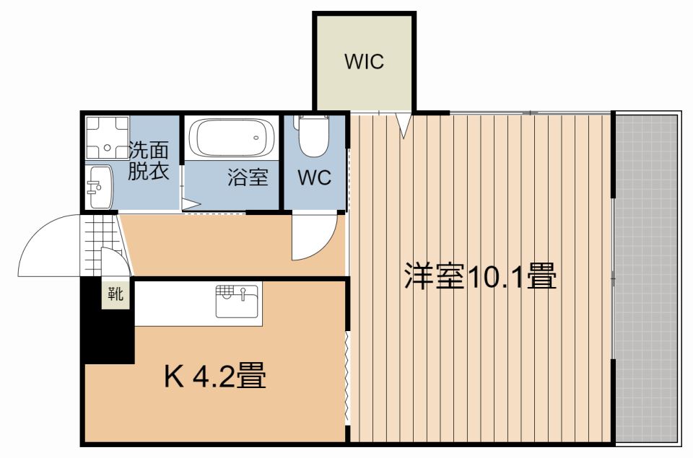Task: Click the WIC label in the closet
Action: (x=364, y=62)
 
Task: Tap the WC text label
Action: (x=314, y=177)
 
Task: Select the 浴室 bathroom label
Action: (x=248, y=177)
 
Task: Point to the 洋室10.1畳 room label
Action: (x=481, y=276)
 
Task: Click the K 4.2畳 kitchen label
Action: (x=215, y=376)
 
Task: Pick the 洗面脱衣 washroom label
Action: (x=149, y=160)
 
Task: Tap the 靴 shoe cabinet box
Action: (x=115, y=294)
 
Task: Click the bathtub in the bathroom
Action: (x=231, y=137)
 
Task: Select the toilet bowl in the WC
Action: (x=314, y=135)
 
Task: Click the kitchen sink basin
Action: (x=237, y=301)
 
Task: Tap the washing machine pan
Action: (x=108, y=137)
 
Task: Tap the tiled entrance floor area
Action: (x=101, y=245)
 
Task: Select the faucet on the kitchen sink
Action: (x=243, y=294)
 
